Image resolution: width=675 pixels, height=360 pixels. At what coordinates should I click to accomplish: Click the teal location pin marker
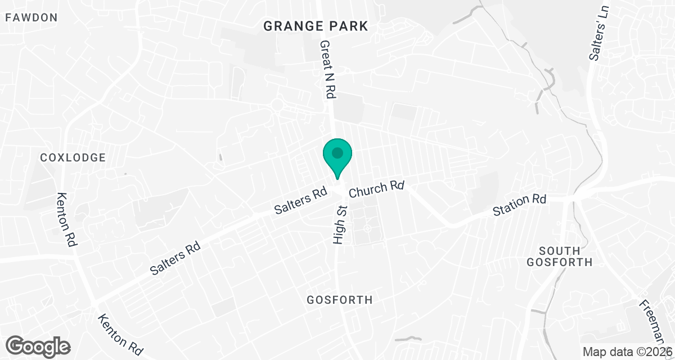[337, 157]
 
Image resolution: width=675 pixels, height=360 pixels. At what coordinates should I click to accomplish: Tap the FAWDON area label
[31, 17]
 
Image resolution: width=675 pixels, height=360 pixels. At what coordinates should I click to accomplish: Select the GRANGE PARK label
[316, 26]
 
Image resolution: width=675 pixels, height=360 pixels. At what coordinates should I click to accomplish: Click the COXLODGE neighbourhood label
[73, 157]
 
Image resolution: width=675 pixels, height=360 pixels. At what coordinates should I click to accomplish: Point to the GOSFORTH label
[340, 300]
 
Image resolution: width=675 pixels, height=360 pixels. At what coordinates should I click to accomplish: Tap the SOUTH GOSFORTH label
[565, 256]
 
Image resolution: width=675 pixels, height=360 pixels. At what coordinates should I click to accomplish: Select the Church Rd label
[377, 189]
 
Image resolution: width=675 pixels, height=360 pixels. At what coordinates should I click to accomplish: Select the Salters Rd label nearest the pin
[300, 201]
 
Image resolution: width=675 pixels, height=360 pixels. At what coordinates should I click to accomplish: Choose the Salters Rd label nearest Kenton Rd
[176, 258]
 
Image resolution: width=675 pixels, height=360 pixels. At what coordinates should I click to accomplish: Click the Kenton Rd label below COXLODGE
[67, 219]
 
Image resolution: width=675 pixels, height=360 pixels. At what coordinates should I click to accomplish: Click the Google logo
[38, 345]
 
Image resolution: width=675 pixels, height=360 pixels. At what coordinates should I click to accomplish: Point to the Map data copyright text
[627, 352]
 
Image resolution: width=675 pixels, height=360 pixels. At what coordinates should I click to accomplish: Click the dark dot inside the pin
[337, 152]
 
